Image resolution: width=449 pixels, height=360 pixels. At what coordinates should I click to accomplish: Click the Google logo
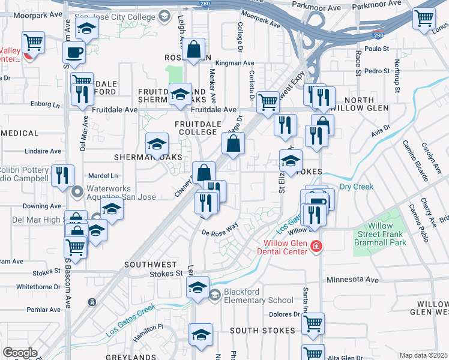[x=20, y=353]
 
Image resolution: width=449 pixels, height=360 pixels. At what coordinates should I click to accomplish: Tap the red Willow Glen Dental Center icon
[x=316, y=247]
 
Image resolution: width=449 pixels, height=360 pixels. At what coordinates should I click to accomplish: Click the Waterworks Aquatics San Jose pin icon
[x=77, y=193]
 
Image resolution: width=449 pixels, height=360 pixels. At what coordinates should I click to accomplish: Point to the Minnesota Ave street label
[x=353, y=280]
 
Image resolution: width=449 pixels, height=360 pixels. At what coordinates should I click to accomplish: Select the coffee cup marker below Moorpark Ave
[x=74, y=53]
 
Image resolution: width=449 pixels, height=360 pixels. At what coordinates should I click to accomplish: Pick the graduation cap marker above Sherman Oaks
[x=157, y=144]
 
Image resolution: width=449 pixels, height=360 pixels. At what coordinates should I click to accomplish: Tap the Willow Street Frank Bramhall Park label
[x=379, y=235]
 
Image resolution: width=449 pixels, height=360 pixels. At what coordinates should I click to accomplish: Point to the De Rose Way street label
[x=220, y=229]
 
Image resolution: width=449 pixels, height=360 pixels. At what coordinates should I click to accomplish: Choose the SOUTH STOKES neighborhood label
[x=262, y=331]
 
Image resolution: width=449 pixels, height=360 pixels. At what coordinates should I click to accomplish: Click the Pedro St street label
[x=378, y=71]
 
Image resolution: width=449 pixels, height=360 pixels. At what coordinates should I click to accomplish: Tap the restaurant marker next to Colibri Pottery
[x=62, y=175]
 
